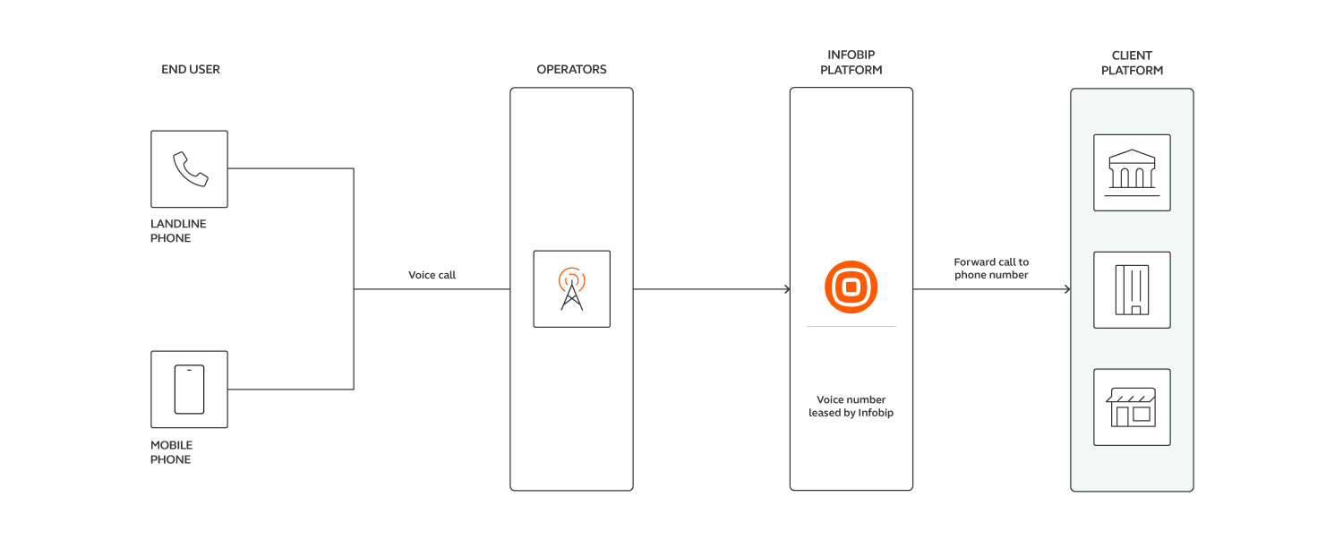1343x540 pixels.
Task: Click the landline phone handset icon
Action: tap(190, 168)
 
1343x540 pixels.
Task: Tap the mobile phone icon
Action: tap(189, 390)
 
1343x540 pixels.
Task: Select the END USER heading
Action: tap(191, 69)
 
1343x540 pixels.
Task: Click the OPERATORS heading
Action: tap(571, 69)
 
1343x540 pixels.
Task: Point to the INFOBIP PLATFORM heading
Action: tap(851, 63)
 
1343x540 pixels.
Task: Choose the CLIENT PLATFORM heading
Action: tap(1132, 63)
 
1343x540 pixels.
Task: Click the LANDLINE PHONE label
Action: tap(177, 231)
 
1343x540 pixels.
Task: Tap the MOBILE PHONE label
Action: tap(171, 452)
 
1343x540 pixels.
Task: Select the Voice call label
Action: tap(432, 275)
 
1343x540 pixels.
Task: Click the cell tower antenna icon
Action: tap(571, 289)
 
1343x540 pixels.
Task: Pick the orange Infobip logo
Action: tap(851, 287)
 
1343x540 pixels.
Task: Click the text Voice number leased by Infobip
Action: tap(851, 407)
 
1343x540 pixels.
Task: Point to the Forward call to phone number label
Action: tap(991, 269)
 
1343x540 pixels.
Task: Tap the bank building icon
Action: tap(1132, 172)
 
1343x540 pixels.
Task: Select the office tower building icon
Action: tap(1132, 289)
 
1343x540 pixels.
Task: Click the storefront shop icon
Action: tap(1132, 407)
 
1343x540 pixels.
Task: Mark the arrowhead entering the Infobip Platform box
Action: tap(786, 289)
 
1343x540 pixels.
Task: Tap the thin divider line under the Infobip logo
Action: tap(851, 327)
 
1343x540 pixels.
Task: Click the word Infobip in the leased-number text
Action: tap(877, 413)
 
